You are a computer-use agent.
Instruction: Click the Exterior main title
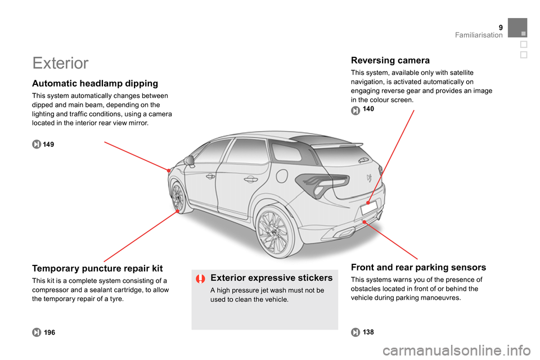pyautogui.click(x=60, y=63)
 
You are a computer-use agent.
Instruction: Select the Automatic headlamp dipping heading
pyautogui.click(x=95, y=84)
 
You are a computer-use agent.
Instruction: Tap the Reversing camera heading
pyautogui.click(x=390, y=60)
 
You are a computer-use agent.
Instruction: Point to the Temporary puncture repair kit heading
pyautogui.click(x=97, y=268)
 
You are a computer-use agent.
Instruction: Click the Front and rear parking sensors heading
pyautogui.click(x=418, y=267)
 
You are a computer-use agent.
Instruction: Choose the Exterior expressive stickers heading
pyautogui.click(x=271, y=278)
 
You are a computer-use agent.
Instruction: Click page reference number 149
pyautogui.click(x=48, y=145)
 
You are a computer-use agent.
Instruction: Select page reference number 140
pyautogui.click(x=368, y=109)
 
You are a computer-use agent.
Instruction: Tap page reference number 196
pyautogui.click(x=49, y=332)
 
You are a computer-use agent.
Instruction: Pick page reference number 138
pyautogui.click(x=368, y=332)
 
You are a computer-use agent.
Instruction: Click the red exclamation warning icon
pyautogui.click(x=200, y=278)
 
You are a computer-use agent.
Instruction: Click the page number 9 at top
pyautogui.click(x=501, y=28)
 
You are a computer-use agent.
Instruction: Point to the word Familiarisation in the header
pyautogui.click(x=479, y=35)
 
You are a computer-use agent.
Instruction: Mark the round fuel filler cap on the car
pyautogui.click(x=282, y=175)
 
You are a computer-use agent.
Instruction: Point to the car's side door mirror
pyautogui.click(x=190, y=160)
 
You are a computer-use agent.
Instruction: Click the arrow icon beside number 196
pyautogui.click(x=37, y=332)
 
